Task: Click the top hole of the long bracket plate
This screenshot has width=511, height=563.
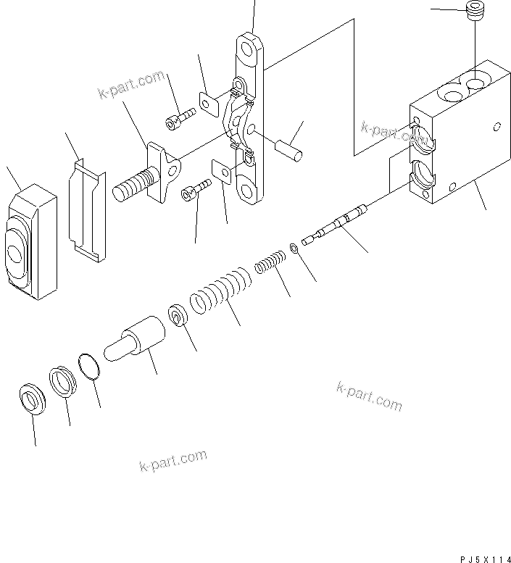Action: click(248, 51)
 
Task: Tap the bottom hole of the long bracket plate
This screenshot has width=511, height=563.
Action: click(246, 192)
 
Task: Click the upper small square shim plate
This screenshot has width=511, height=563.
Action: click(209, 106)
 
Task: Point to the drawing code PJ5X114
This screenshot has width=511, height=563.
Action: click(484, 557)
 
